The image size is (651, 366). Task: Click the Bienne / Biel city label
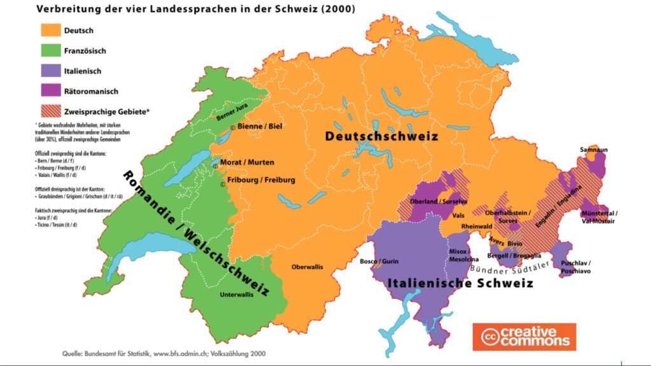259,127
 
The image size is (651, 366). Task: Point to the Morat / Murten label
250,163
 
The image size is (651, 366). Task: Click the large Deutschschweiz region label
381,136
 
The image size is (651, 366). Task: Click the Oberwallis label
307,267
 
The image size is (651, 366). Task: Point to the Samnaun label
593,150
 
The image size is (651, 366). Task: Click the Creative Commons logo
524,337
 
